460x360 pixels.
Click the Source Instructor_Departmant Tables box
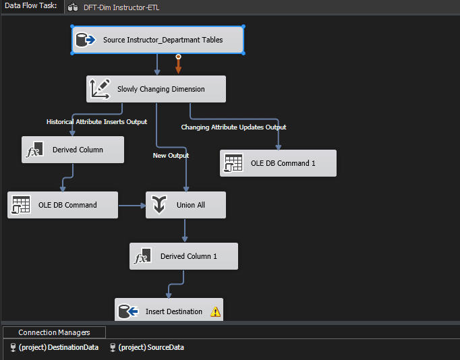point(158,40)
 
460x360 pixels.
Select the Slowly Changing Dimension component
point(156,89)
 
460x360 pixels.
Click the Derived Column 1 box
point(183,256)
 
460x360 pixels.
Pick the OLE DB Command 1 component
point(278,163)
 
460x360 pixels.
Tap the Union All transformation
point(185,205)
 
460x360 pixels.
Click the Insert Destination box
point(169,309)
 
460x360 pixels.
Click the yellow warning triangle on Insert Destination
point(215,311)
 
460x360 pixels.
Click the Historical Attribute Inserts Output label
point(97,121)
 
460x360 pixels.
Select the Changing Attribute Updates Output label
point(233,127)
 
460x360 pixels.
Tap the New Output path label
point(171,155)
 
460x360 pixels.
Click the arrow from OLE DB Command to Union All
point(132,206)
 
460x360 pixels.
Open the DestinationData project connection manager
point(54,347)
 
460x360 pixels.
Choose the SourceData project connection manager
point(147,347)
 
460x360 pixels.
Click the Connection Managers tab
point(54,332)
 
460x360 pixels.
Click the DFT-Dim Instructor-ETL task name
point(121,7)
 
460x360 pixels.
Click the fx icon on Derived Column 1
point(143,256)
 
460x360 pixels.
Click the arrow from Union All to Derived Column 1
point(185,231)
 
